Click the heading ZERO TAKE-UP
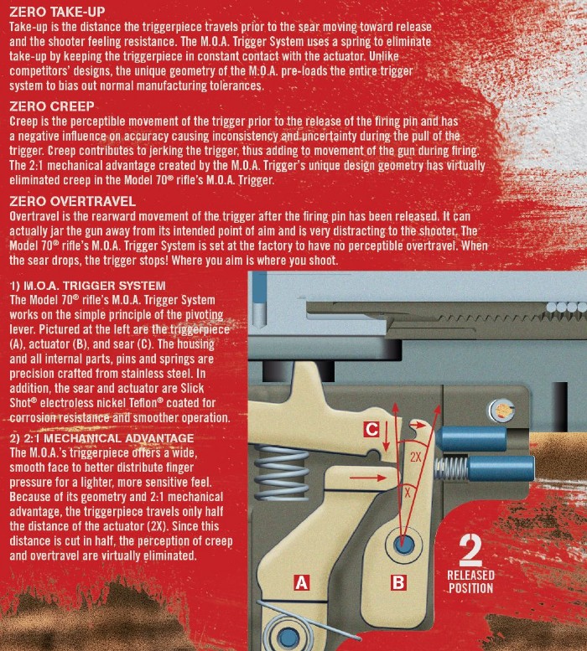(x=57, y=11)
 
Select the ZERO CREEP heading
(x=52, y=106)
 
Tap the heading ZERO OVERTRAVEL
(x=72, y=201)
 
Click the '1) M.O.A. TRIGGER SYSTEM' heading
(x=88, y=286)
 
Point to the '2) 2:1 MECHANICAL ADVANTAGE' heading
(x=101, y=438)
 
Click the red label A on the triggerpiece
(x=302, y=582)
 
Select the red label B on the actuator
(x=398, y=582)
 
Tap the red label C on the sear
(x=371, y=429)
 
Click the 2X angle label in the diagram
(x=416, y=457)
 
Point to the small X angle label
(x=408, y=493)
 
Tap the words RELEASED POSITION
(x=470, y=581)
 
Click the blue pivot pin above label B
(x=403, y=544)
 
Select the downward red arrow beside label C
(x=386, y=437)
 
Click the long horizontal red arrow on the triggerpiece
(x=368, y=478)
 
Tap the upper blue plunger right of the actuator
(x=470, y=439)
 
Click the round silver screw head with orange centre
(x=501, y=411)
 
